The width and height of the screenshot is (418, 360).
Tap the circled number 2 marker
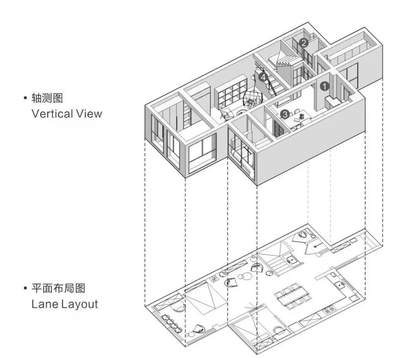pos(304,43)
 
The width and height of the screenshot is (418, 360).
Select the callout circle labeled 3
pos(284,114)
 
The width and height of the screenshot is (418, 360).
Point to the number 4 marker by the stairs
pos(264,77)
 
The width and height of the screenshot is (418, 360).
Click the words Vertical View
pos(67,114)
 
